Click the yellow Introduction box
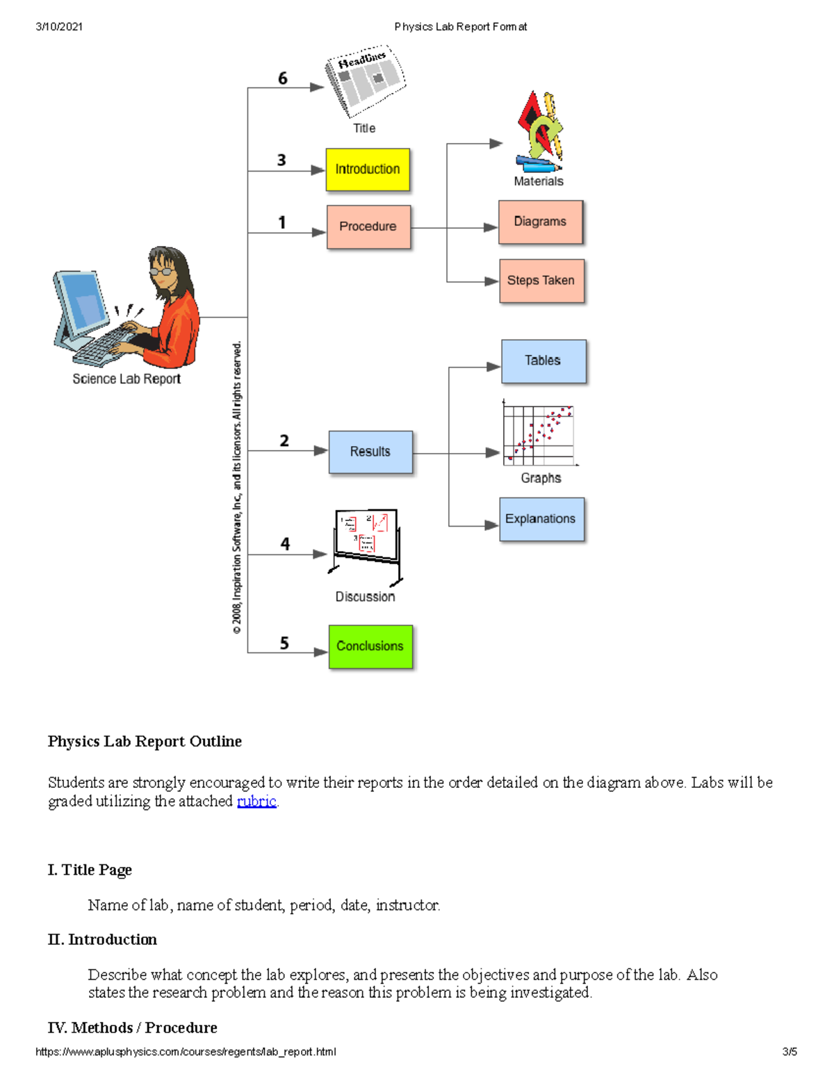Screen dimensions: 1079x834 [x=368, y=170]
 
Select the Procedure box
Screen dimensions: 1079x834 [x=368, y=226]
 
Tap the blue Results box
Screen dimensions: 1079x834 [x=370, y=452]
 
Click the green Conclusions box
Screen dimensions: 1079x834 [x=370, y=646]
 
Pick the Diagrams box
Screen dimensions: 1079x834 [x=540, y=222]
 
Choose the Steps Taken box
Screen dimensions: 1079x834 [x=541, y=281]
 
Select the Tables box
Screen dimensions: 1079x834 [x=543, y=361]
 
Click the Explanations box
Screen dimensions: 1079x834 [x=541, y=519]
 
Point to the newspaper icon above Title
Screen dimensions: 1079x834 [x=365, y=80]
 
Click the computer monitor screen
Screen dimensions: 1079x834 [x=82, y=302]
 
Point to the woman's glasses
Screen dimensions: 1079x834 [x=163, y=272]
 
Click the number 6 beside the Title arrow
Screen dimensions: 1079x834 [x=282, y=79]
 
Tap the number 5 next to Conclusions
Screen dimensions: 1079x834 [x=284, y=643]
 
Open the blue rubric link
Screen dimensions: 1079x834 [x=256, y=801]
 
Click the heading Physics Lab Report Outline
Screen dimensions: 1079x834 [x=145, y=741]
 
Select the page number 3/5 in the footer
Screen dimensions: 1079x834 [x=790, y=1052]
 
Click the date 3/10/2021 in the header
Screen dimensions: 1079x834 [x=59, y=27]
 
